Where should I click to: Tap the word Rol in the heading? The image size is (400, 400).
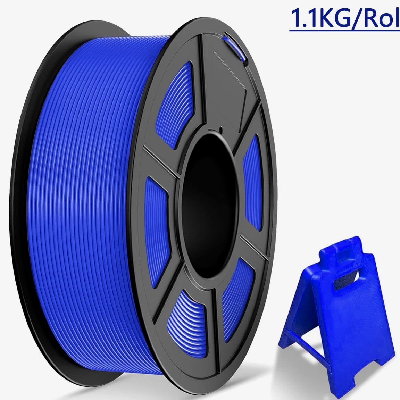(382, 17)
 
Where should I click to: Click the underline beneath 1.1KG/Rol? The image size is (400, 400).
(345, 30)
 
